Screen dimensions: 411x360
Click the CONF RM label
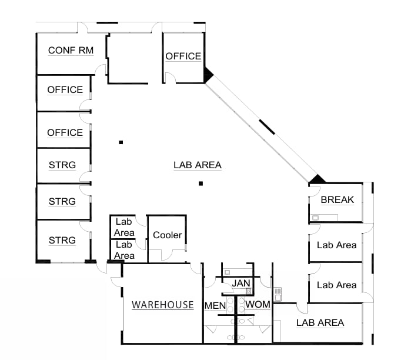[x=71, y=51]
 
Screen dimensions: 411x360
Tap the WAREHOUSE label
[x=162, y=305]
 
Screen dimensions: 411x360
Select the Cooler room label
[x=167, y=235]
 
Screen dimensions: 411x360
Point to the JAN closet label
[x=241, y=283]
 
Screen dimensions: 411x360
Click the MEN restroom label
[x=215, y=306]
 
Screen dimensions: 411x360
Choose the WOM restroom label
[x=258, y=305]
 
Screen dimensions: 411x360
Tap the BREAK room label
[x=338, y=200]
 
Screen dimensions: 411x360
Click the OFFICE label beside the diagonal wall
[x=183, y=56]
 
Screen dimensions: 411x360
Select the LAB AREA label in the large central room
[x=198, y=165]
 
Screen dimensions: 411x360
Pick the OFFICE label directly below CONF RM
[x=65, y=89]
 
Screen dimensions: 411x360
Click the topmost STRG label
[x=62, y=165]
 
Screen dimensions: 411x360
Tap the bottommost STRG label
[x=62, y=240]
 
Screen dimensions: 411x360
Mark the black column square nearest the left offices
[x=121, y=142]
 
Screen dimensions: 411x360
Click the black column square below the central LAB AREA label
[x=201, y=184]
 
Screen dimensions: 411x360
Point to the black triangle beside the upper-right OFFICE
[x=208, y=75]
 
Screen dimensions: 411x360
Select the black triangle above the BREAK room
[x=317, y=179]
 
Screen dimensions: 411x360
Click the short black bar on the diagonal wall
[x=267, y=127]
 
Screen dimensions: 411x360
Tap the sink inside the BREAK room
[x=315, y=218]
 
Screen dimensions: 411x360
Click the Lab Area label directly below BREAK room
[x=336, y=245]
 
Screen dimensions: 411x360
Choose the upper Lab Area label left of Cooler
[x=124, y=227]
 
